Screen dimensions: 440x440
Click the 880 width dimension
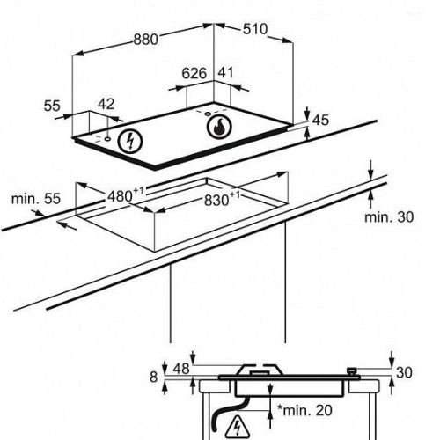pyautogui.click(x=146, y=40)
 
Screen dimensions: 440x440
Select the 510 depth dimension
pyautogui.click(x=255, y=29)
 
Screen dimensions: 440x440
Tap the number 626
pyautogui.click(x=194, y=73)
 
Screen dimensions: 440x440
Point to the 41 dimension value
pyautogui.click(x=225, y=73)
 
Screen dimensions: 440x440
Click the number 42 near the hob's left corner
pyautogui.click(x=106, y=104)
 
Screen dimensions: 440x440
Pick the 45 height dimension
pyautogui.click(x=320, y=121)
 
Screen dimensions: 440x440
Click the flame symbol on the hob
pyautogui.click(x=219, y=127)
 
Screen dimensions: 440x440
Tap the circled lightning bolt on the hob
pyautogui.click(x=130, y=141)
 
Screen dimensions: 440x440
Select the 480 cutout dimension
pyautogui.click(x=126, y=195)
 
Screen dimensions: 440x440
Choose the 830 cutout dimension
pyautogui.click(x=222, y=199)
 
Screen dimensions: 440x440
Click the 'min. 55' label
pyautogui.click(x=36, y=199)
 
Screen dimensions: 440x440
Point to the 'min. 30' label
pyautogui.click(x=389, y=217)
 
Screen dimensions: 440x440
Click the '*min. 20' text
pyautogui.click(x=304, y=410)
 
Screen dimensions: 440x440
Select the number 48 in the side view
pyautogui.click(x=181, y=369)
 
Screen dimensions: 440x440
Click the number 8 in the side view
pyautogui.click(x=154, y=377)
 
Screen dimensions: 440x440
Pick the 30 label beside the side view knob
pyautogui.click(x=404, y=372)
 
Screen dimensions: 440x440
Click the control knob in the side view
pyautogui.click(x=351, y=370)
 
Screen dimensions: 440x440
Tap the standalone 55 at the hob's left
pyautogui.click(x=52, y=106)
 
